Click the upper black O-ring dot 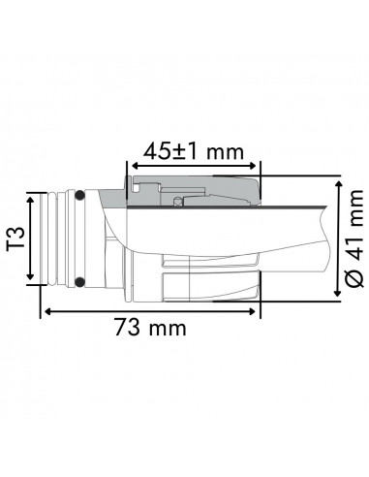(x=79, y=198)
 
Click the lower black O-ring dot (x=79, y=282)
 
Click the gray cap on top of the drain (x=194, y=190)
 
